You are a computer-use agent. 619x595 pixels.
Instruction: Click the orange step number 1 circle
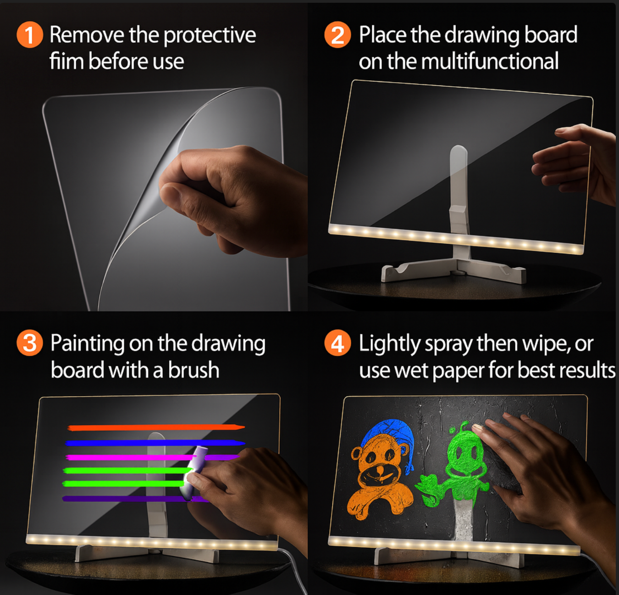pos(30,35)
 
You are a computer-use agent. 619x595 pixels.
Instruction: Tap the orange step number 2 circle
pos(337,35)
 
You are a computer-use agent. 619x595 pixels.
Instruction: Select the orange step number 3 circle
pos(30,343)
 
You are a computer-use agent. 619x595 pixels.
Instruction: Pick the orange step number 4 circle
pos(337,343)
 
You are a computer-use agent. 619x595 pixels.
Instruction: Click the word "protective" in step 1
pos(210,36)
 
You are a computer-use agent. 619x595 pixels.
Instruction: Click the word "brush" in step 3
pos(193,370)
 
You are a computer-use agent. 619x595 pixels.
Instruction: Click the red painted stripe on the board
pos(156,427)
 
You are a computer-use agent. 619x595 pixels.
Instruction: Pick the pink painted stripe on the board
pos(128,457)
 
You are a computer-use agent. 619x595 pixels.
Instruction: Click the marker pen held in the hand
pos(194,471)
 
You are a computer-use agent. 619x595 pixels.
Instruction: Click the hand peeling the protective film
pos(229,193)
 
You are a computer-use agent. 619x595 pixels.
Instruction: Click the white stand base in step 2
pos(454,271)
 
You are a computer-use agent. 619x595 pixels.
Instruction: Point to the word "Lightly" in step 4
pos(389,344)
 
